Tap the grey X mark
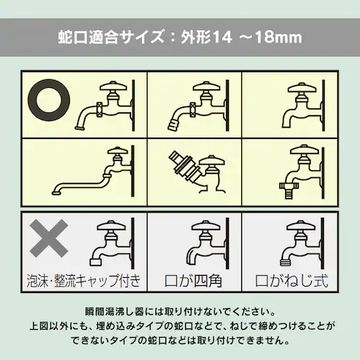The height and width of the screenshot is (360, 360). pos(48,238)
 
